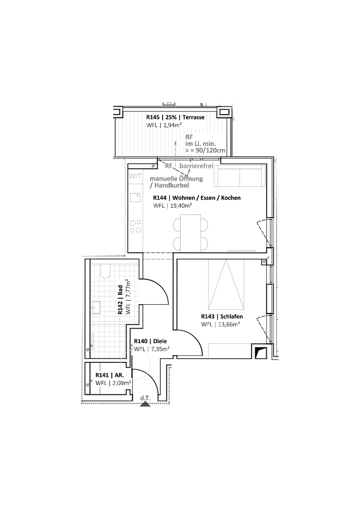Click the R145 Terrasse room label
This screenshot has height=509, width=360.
[x=175, y=117]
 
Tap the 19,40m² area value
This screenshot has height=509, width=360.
[x=181, y=206]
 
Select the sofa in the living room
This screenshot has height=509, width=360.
[x=239, y=176]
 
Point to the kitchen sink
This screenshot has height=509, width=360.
[x=136, y=197]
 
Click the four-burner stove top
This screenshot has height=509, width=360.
[x=136, y=226]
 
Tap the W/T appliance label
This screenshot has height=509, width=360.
[x=136, y=177]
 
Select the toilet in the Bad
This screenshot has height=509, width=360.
[x=105, y=271]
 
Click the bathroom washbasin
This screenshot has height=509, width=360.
[x=97, y=307]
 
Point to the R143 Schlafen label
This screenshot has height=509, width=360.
[x=222, y=317]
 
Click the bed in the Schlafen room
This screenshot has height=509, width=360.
[x=226, y=285]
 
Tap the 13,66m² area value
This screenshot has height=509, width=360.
[x=229, y=324]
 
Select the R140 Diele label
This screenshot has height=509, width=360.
[x=150, y=341]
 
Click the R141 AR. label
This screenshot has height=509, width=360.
[x=110, y=375]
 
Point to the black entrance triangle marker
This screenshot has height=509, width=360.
[x=145, y=404]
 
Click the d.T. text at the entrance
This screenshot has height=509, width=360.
[x=145, y=398]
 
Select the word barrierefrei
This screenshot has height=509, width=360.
[x=196, y=166]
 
